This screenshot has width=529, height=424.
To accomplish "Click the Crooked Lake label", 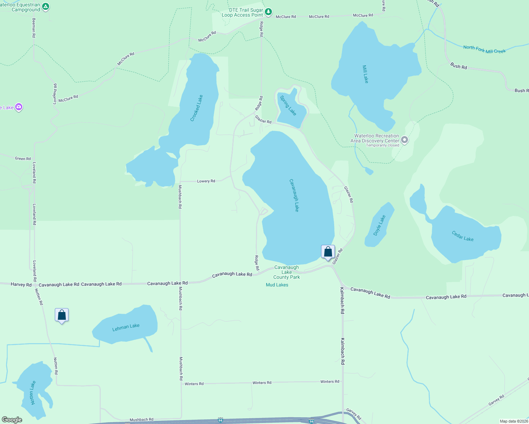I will (197, 108).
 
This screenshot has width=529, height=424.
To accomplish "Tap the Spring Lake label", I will (288, 105).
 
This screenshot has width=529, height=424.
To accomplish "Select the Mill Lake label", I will (366, 74).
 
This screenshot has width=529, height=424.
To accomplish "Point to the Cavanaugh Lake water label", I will (294, 195).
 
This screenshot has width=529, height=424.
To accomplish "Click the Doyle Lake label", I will (379, 225).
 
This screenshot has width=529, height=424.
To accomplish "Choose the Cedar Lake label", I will (463, 236).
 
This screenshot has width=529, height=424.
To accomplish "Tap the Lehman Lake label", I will (126, 328).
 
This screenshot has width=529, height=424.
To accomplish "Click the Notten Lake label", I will (33, 393).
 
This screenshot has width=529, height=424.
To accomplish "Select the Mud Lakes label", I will (277, 285).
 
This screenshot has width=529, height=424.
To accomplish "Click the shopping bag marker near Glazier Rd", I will (328, 252).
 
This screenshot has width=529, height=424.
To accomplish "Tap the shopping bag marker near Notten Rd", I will (62, 315).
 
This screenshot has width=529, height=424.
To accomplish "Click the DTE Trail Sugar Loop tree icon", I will (269, 12).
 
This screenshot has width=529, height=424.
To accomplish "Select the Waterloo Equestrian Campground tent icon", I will (46, 6).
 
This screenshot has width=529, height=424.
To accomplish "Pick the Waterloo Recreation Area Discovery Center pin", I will (405, 140).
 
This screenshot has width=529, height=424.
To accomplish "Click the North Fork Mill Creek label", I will (484, 49).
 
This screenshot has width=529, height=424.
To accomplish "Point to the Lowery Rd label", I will (206, 181).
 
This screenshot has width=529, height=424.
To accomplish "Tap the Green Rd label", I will (23, 159).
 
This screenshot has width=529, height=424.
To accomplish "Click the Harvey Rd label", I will (21, 284).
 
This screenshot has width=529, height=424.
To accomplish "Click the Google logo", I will (12, 420).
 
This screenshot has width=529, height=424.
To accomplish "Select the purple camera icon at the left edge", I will (19, 107).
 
